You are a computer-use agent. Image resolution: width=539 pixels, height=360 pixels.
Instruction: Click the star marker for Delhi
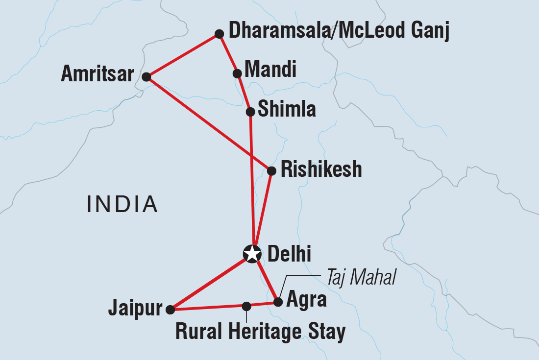[252, 254]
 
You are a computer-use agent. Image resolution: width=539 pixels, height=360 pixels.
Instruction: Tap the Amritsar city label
[97, 75]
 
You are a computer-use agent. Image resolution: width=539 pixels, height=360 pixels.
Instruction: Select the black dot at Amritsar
[146, 77]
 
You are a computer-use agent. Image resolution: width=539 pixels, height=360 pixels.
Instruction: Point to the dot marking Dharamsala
[220, 34]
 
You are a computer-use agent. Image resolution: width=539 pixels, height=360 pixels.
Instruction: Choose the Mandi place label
[270, 70]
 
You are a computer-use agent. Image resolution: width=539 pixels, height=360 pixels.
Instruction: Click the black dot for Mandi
[237, 73]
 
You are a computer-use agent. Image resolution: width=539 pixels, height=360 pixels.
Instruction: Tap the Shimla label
[287, 110]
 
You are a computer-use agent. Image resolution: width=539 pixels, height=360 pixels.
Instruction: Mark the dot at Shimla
[250, 112]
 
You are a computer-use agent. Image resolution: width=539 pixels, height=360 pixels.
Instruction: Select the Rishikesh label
[321, 169]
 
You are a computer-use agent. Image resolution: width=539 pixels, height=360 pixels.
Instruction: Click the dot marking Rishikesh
[271, 171]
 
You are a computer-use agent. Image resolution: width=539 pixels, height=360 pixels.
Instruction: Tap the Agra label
[307, 300]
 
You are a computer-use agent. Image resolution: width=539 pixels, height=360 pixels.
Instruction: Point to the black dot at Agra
[278, 302]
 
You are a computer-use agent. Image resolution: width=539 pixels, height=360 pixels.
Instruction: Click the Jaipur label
[136, 309]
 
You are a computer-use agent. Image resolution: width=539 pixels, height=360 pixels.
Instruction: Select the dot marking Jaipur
[170, 310]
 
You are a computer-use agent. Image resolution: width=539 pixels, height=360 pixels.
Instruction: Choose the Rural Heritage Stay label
[260, 332]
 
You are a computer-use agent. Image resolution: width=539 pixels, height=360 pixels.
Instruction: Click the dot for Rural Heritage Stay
[246, 306]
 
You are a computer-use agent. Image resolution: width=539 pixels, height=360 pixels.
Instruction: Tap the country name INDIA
[122, 204]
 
